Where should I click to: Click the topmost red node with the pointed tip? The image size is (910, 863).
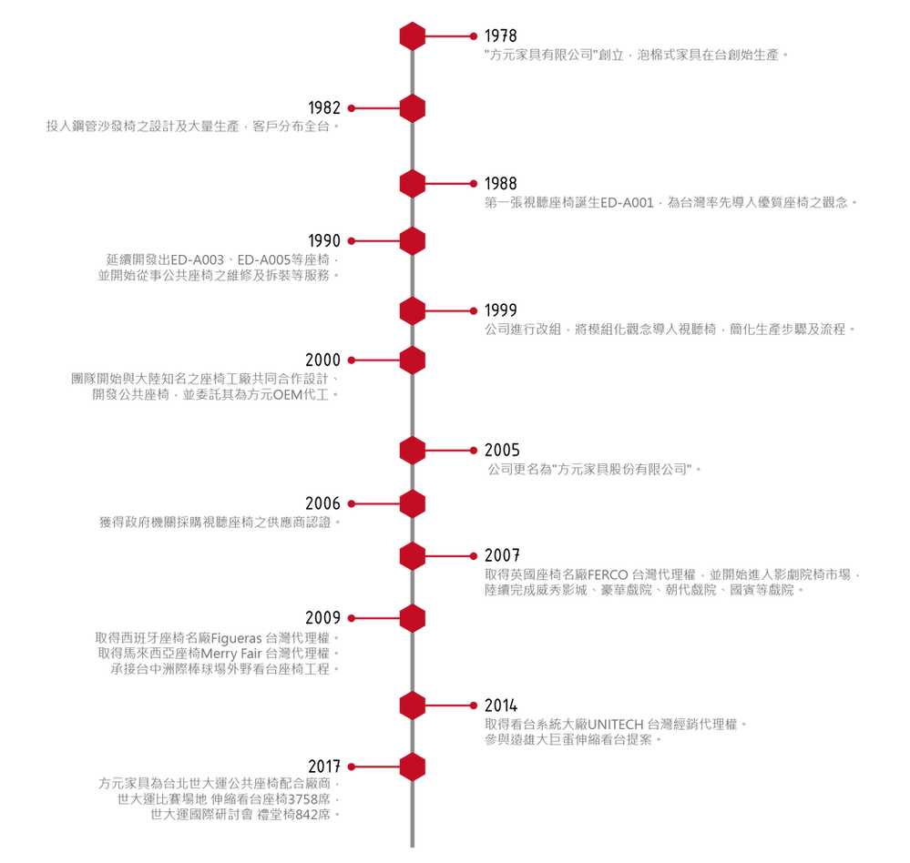pyautogui.click(x=413, y=36)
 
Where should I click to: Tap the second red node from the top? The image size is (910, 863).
pyautogui.click(x=413, y=108)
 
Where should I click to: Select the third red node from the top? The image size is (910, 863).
pyautogui.click(x=413, y=183)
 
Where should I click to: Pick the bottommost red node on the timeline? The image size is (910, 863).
pyautogui.click(x=413, y=767)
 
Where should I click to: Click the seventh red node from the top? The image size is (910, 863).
pyautogui.click(x=413, y=450)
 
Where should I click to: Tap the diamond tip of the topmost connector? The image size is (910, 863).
pyautogui.click(x=475, y=36)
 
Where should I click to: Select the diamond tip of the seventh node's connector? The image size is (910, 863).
pyautogui.click(x=475, y=450)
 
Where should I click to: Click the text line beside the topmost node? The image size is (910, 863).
pyautogui.click(x=635, y=56)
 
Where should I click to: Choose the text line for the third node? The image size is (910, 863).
pyautogui.click(x=670, y=202)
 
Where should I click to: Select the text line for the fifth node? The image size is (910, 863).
pyautogui.click(x=670, y=329)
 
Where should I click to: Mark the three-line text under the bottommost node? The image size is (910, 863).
pyautogui.click(x=219, y=798)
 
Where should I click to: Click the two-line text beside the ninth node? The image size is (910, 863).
pyautogui.click(x=670, y=583)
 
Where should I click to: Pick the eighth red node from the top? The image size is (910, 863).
pyautogui.click(x=413, y=503)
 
